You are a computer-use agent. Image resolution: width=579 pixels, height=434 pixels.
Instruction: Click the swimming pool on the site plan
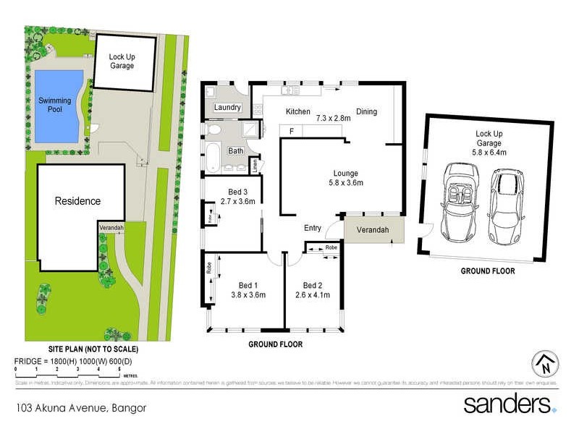(x=55, y=107)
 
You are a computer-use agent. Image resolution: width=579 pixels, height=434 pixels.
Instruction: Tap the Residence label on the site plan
(x=77, y=200)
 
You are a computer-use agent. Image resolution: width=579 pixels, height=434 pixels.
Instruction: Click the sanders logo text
(x=506, y=404)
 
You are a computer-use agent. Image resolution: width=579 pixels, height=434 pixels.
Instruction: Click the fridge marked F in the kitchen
(x=292, y=131)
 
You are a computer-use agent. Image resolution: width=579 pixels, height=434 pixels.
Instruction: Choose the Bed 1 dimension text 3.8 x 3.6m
(x=248, y=295)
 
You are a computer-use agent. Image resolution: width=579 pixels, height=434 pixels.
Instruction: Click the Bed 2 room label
(x=313, y=285)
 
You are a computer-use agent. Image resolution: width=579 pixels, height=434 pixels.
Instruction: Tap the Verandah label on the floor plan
(x=371, y=230)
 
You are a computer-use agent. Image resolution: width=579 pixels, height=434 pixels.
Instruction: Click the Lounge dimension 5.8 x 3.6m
(x=345, y=183)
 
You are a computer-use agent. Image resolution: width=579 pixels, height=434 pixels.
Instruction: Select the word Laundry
(x=227, y=108)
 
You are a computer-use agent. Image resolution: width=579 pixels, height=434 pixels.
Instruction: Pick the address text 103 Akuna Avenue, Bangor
(x=80, y=408)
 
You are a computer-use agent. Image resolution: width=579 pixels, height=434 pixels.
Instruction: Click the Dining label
(x=366, y=111)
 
